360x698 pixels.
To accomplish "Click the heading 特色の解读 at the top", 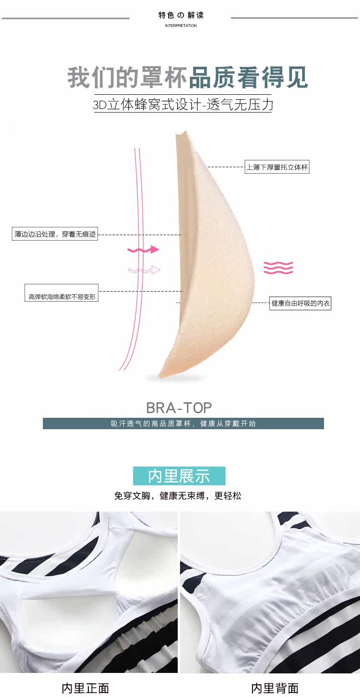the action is click(181, 15).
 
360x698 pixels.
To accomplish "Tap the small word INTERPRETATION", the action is click(181, 26).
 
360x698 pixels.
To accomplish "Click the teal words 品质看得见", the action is click(248, 78).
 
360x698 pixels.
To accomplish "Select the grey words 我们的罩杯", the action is click(128, 78).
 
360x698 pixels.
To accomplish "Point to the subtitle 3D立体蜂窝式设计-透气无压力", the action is click(183, 105).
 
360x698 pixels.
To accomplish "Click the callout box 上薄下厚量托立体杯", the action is click(277, 167).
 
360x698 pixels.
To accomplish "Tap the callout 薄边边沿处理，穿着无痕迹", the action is click(55, 235).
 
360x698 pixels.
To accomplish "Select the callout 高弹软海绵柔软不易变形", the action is click(62, 297).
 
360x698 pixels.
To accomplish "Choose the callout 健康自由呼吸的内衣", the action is click(300, 303).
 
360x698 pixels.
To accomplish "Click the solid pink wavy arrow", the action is click(143, 250).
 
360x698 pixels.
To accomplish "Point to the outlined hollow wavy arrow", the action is click(144, 270).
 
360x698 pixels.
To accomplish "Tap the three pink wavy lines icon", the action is click(278, 267).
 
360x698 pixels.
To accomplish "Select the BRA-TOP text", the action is click(179, 407).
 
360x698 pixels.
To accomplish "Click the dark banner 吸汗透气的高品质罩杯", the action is click(183, 423).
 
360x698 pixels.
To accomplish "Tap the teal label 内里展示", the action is click(179, 476).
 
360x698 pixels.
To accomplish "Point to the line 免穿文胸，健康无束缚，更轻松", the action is click(178, 496).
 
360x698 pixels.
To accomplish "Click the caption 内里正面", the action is click(85, 688).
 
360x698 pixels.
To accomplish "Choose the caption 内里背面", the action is click(275, 688).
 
